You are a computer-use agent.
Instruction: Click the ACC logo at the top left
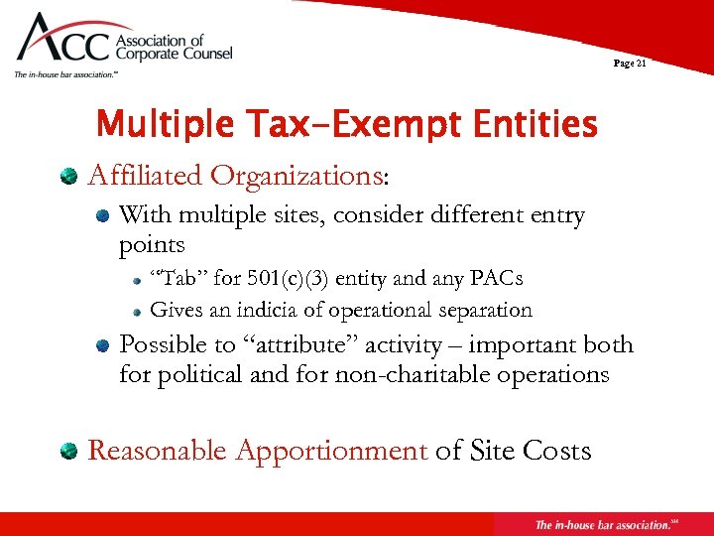(119, 45)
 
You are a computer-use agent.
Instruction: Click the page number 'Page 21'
(630, 63)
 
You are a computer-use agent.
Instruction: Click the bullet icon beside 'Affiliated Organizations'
(68, 177)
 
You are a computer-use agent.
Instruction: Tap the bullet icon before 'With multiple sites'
(102, 216)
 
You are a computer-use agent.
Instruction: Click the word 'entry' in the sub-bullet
(552, 215)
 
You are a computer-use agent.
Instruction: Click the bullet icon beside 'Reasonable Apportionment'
(68, 452)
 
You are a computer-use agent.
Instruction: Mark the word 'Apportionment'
(331, 452)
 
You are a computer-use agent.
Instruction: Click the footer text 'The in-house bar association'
(601, 524)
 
